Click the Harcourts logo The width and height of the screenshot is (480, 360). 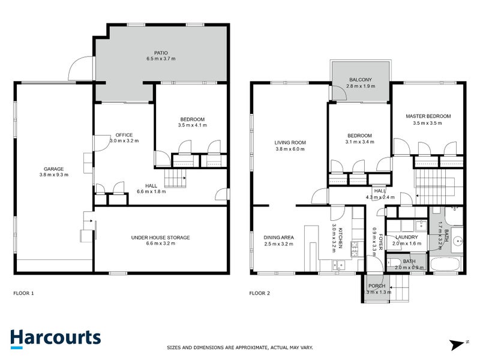click(55, 337)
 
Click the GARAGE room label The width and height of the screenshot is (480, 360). click(53, 169)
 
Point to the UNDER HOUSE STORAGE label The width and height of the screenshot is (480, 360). click(160, 238)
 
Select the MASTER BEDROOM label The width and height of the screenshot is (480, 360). click(427, 116)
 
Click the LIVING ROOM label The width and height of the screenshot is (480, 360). click(290, 143)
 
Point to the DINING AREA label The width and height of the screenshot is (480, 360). click(278, 237)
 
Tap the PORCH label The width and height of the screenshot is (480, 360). click(378, 286)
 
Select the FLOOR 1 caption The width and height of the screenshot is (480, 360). click(24, 293)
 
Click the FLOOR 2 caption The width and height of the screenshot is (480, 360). click(260, 293)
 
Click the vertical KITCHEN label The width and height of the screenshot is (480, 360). click(341, 235)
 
